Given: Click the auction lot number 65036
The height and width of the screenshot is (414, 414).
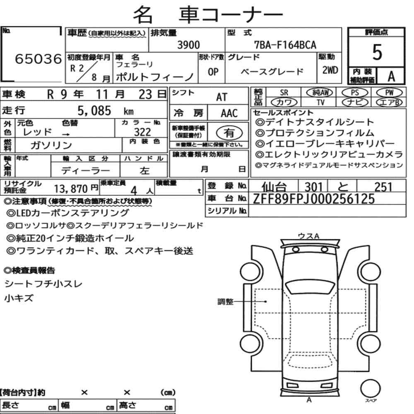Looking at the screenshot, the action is pyautogui.click(x=38, y=59).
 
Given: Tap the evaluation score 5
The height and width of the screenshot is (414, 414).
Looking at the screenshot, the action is pyautogui.click(x=377, y=52).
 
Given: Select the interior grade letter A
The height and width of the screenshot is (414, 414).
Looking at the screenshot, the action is pyautogui.click(x=391, y=76).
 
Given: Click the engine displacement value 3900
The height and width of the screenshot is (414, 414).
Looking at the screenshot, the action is pyautogui.click(x=188, y=45).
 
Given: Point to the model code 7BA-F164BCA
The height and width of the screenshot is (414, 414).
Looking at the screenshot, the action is pyautogui.click(x=285, y=45).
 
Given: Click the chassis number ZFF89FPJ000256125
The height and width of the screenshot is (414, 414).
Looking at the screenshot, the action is pyautogui.click(x=314, y=199).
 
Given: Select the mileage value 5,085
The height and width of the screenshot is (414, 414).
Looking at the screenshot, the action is pyautogui.click(x=94, y=111).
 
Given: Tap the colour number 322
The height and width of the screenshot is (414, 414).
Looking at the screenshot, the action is pyautogui.click(x=142, y=132).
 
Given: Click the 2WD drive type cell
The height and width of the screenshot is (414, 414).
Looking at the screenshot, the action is pyautogui.click(x=330, y=70).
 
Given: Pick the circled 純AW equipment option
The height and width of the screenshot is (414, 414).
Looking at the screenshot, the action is pyautogui.click(x=320, y=92).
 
